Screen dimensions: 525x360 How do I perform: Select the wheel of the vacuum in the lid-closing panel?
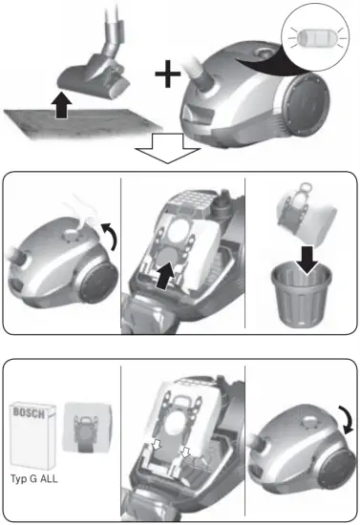(x=328, y=467)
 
